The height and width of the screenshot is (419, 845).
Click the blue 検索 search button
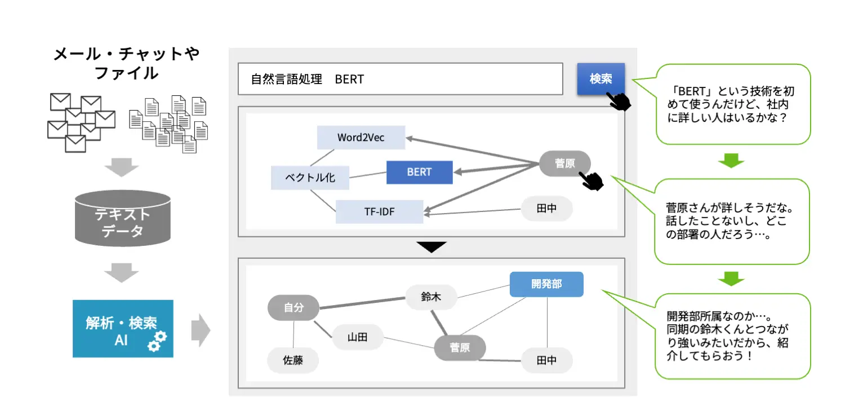[x=601, y=79]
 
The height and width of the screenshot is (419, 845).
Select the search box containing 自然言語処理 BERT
[x=400, y=79]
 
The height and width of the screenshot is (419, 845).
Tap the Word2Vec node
[x=361, y=138]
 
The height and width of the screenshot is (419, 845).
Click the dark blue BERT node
[x=420, y=172]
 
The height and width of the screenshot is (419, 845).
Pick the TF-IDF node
[x=379, y=212]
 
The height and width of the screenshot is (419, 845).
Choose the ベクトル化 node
[x=310, y=178]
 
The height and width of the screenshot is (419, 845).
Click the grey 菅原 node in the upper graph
[x=564, y=164]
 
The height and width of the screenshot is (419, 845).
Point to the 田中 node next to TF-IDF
[x=546, y=208]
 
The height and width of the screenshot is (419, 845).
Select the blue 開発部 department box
[x=546, y=284]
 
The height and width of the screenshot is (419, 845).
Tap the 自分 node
[x=293, y=308]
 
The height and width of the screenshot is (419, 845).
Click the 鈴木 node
[x=431, y=297]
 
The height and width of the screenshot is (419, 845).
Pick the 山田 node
[x=357, y=337]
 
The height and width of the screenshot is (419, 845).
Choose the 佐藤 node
[x=293, y=360]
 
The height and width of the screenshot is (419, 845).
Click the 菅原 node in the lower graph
[x=460, y=347]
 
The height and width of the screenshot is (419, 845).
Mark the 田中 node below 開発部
[x=546, y=360]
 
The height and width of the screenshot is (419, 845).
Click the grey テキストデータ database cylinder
[x=123, y=218]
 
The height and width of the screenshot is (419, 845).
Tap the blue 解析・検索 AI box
[x=123, y=328]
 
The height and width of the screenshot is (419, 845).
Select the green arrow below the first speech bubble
[x=731, y=160]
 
